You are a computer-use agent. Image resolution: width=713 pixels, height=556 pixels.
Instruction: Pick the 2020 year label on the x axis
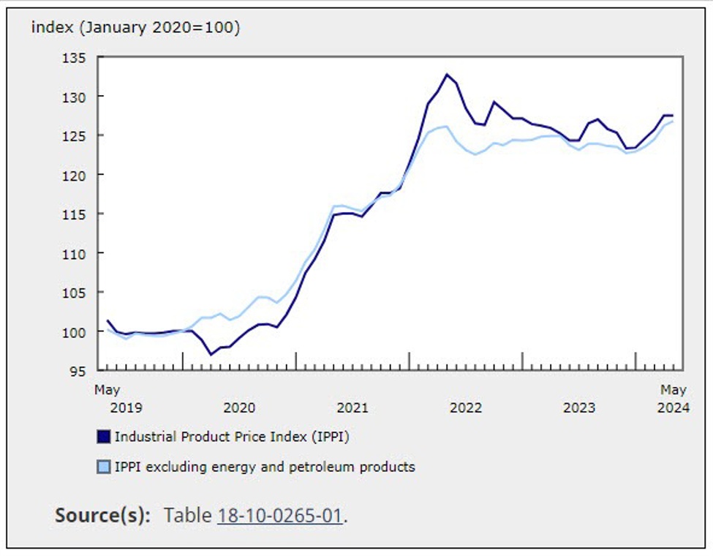click(239, 407)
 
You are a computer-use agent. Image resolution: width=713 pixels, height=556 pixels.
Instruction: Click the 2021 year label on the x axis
click(352, 407)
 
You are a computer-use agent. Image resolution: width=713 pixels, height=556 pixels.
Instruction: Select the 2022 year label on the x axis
click(466, 407)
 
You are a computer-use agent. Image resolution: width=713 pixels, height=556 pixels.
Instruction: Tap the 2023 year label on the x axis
click(578, 407)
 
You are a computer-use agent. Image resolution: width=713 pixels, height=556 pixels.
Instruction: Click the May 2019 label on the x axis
click(107, 399)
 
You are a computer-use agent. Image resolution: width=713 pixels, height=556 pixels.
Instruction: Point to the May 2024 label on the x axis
click(673, 399)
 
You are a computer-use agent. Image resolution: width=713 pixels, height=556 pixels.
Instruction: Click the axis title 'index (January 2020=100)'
click(135, 28)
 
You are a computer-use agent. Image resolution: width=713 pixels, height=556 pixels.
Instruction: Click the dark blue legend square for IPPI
click(104, 437)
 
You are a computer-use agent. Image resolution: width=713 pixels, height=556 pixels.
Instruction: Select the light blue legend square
click(104, 467)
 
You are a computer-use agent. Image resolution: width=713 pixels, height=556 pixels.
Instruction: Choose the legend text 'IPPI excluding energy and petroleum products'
click(265, 467)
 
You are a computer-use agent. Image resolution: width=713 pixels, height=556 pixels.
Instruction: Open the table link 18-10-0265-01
click(280, 515)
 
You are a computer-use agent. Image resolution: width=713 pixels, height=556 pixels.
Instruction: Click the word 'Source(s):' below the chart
click(102, 515)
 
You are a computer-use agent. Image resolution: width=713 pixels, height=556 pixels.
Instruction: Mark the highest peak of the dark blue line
click(447, 74)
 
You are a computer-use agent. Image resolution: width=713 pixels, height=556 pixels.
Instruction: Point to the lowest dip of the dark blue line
click(211, 354)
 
